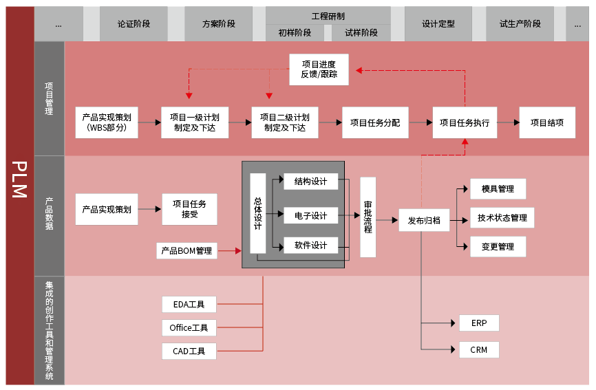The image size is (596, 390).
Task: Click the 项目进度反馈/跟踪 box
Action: click(319, 69)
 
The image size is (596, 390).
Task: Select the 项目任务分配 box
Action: click(375, 123)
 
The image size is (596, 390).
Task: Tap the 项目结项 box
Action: click(547, 123)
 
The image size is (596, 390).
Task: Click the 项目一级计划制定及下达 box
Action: click(195, 123)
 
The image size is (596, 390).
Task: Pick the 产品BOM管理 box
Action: click(187, 251)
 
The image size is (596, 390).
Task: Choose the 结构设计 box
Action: click(310, 182)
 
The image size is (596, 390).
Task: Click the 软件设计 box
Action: click(310, 246)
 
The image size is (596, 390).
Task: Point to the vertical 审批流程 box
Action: click(368, 217)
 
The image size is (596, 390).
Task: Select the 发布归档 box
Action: click(424, 221)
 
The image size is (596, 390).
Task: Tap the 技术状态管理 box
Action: click(502, 218)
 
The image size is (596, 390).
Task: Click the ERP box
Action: click(479, 323)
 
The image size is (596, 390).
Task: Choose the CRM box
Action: click(479, 350)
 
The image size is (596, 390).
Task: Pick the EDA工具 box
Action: click(189, 304)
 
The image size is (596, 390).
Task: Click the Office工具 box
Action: click(189, 328)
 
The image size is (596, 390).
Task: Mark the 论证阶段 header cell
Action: click(134, 23)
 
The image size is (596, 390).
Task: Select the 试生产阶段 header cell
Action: click(520, 23)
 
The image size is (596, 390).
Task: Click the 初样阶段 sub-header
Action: click(295, 32)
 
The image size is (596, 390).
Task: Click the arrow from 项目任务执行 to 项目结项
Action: click(508, 123)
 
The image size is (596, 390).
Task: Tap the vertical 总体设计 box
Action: click(257, 213)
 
